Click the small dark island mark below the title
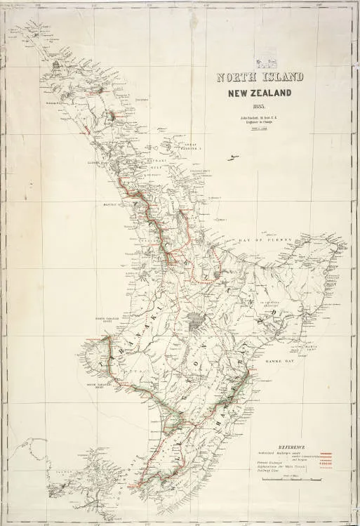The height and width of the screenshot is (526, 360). (x=229, y=159)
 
